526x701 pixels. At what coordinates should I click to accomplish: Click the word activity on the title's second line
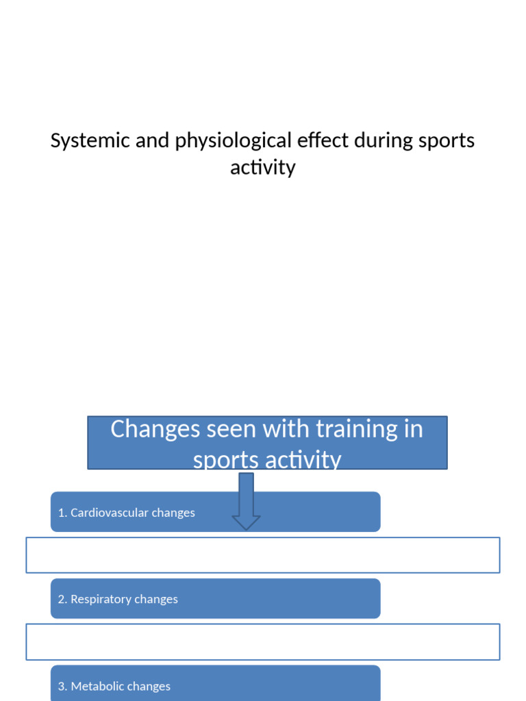(x=263, y=168)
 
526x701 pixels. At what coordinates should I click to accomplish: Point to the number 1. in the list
(x=62, y=513)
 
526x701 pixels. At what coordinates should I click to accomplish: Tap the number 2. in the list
(x=62, y=600)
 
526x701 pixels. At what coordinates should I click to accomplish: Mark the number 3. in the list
(x=62, y=687)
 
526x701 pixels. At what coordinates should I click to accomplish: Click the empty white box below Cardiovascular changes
(x=263, y=555)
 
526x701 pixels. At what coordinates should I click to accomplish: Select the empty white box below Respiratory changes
(x=263, y=642)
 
